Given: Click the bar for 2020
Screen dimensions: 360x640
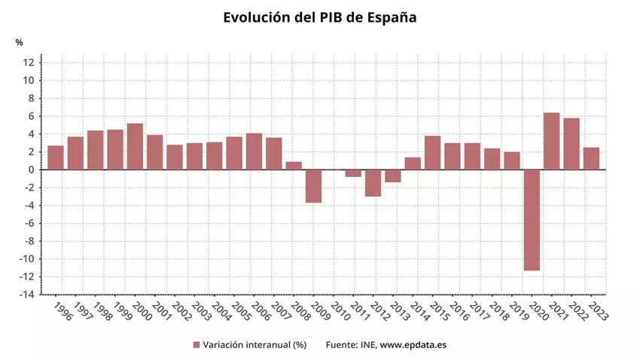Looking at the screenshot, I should click(532, 220).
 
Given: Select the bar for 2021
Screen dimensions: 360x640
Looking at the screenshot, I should click(551, 142).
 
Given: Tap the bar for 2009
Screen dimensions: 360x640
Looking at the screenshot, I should click(313, 186).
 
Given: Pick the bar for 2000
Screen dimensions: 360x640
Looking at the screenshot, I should click(135, 147).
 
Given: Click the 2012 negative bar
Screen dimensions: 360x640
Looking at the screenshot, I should click(373, 183).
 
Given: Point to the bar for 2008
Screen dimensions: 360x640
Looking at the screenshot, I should click(294, 166).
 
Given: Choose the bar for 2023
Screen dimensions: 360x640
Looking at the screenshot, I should click(591, 159).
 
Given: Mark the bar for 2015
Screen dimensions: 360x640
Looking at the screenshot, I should click(432, 153).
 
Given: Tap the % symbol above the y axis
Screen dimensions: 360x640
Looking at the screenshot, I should click(20, 42).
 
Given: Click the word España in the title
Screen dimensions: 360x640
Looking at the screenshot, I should click(389, 17).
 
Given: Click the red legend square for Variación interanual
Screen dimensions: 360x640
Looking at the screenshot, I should click(197, 345).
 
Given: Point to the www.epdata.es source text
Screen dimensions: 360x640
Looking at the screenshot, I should click(413, 345).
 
